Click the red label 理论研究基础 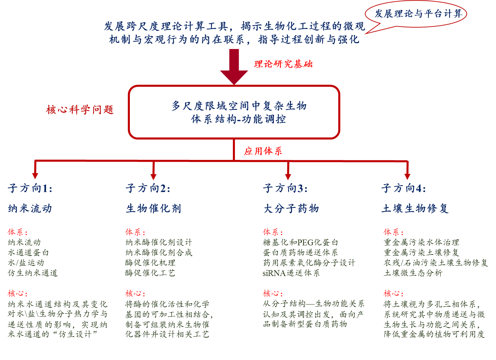(x=283, y=64)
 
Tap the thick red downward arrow (x=234, y=66)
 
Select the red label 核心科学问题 (x=80, y=110)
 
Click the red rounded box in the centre (x=234, y=112)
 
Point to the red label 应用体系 (x=263, y=151)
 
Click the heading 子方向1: (x=30, y=188)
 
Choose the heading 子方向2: (x=148, y=188)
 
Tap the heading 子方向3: (x=285, y=188)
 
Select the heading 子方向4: (x=404, y=188)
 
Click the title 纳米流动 (x=30, y=209)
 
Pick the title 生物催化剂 (x=153, y=209)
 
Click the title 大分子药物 (x=291, y=209)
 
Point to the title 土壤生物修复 (x=415, y=209)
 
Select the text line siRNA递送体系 (x=291, y=273)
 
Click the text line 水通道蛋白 (x=29, y=253)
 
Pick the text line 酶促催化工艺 (x=150, y=273)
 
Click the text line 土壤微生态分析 (x=413, y=273)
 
